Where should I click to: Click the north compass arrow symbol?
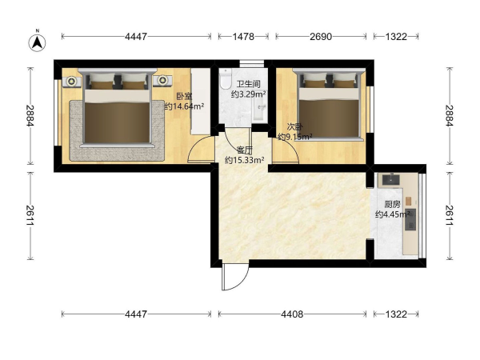[38, 42]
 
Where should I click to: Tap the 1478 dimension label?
[243, 37]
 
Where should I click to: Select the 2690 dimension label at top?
[321, 37]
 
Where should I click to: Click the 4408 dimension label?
[292, 314]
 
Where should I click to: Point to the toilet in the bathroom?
[225, 78]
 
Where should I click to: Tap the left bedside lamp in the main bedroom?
[72, 81]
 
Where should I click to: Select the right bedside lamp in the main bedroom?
[162, 80]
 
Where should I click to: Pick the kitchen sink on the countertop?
[390, 179]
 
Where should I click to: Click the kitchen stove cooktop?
[410, 219]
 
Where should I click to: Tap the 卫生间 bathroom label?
[249, 84]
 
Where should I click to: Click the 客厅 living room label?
[245, 150]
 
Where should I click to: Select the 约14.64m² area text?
[185, 106]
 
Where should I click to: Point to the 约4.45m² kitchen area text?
[393, 214]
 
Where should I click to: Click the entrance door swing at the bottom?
[235, 278]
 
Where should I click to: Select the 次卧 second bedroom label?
[294, 126]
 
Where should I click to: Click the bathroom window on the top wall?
[252, 63]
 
